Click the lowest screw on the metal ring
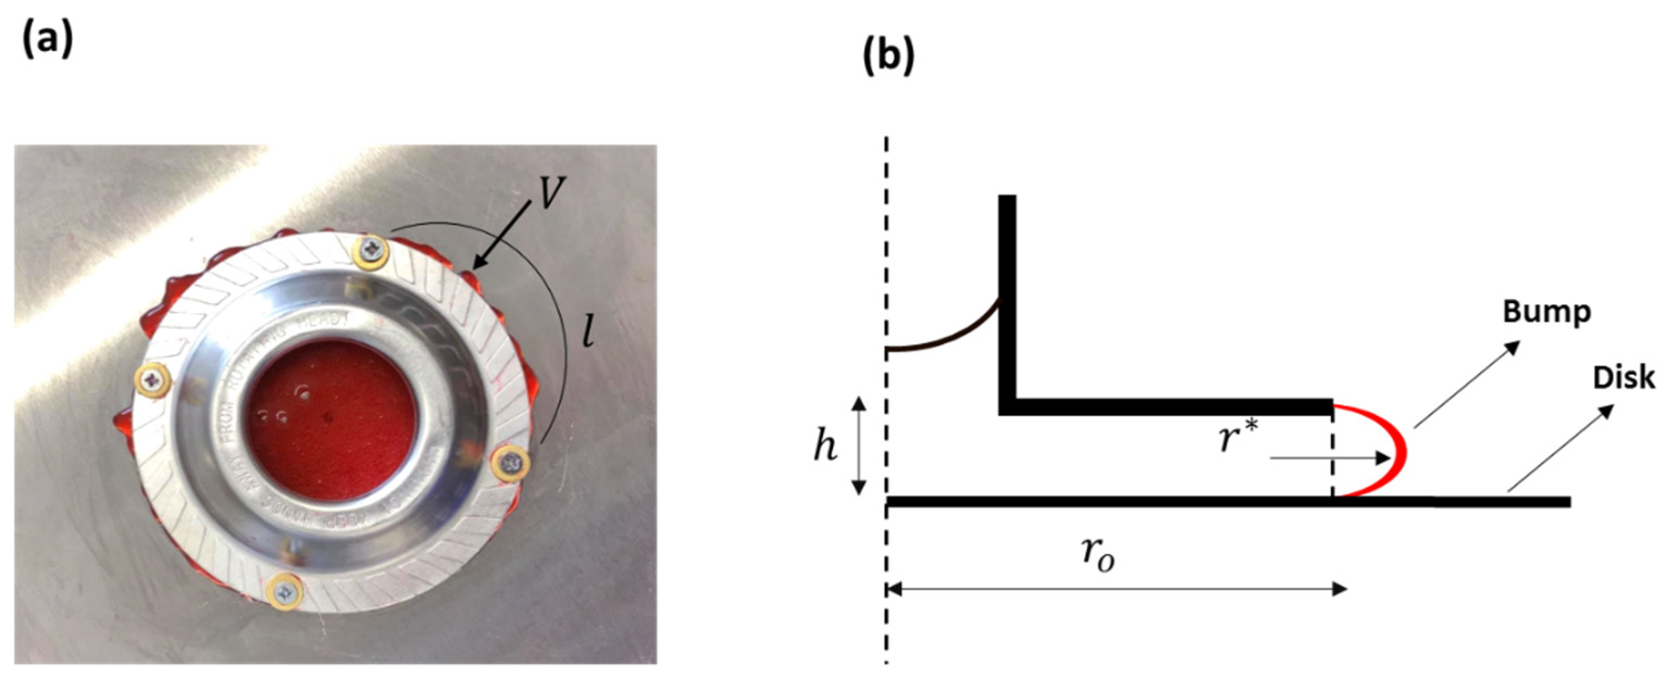(286, 592)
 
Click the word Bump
(1547, 312)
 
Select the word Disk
(1624, 377)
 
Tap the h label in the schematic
(825, 446)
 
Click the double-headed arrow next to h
(859, 446)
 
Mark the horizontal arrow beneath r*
(1329, 459)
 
